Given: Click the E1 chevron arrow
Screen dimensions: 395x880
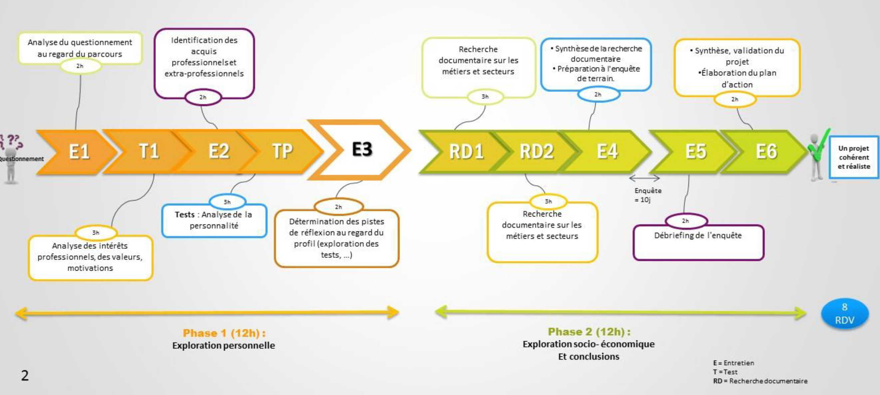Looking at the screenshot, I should (x=79, y=152).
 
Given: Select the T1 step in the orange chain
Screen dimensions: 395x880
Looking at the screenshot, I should (x=148, y=152).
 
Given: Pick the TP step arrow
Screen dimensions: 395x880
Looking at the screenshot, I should (x=283, y=152).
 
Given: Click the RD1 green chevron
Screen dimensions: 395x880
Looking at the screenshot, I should (x=466, y=152).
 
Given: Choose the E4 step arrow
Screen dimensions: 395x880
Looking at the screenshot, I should (x=607, y=152).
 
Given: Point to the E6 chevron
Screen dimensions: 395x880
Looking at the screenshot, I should (x=766, y=152).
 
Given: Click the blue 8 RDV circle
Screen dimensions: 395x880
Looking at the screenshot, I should (x=844, y=314).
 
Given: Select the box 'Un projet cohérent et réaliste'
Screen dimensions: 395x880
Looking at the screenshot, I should (x=853, y=157).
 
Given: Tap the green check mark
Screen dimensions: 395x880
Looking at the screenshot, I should (x=819, y=147).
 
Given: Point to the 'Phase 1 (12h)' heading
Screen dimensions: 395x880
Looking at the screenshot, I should (x=224, y=333).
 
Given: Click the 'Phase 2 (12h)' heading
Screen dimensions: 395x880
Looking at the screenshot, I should (x=589, y=331).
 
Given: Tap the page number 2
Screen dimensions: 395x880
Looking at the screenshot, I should (x=25, y=375).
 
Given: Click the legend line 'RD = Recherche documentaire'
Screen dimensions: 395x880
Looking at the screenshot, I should (x=760, y=381).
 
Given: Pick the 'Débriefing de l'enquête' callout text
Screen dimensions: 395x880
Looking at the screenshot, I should (x=698, y=235).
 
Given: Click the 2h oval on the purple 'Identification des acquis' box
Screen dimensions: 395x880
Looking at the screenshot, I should (x=203, y=97).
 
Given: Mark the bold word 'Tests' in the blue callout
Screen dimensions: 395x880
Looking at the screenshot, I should (x=184, y=215).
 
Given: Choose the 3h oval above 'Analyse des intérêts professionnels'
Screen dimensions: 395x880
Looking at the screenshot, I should (x=96, y=233).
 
